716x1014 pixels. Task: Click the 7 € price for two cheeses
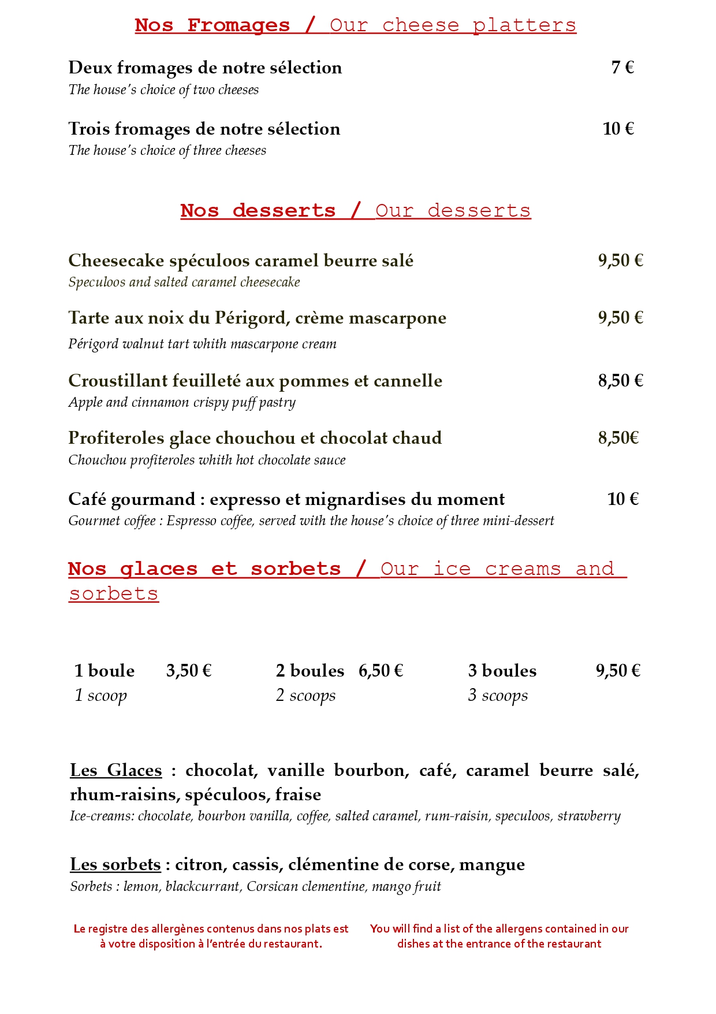622,68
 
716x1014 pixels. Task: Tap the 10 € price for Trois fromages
618,128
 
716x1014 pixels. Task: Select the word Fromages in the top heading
238,25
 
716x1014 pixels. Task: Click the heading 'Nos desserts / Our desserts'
355,210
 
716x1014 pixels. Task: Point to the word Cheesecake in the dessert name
116,261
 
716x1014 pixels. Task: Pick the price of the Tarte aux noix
620,318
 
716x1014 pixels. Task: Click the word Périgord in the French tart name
251,318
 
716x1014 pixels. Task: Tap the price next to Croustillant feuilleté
620,381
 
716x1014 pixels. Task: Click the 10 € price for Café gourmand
622,499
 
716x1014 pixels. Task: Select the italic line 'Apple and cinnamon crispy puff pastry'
182,402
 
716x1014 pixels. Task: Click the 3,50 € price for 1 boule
189,671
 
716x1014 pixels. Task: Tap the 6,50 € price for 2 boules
381,671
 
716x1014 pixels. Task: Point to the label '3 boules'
502,671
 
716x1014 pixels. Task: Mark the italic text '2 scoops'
305,695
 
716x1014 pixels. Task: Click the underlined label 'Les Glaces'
116,770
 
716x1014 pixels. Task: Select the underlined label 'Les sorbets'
115,864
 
